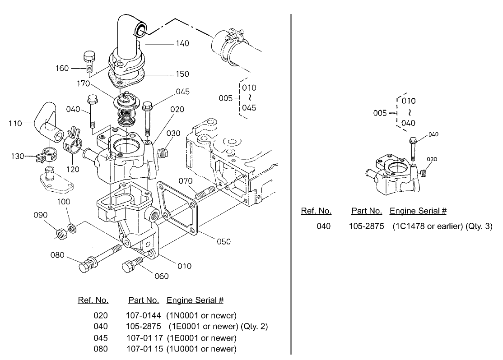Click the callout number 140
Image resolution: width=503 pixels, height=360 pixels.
tap(182, 44)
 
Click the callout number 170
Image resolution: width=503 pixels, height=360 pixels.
tap(84, 83)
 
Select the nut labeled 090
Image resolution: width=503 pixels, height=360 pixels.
tap(59, 233)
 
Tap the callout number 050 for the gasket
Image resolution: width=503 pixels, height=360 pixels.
tap(224, 241)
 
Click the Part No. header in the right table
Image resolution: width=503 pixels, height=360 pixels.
tap(367, 211)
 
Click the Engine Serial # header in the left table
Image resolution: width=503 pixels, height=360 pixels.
tap(195, 300)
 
